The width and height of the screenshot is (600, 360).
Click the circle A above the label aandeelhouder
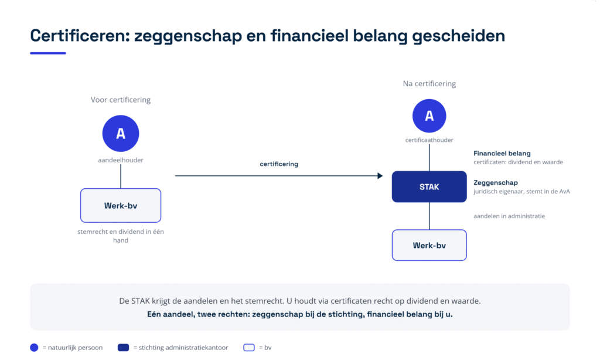click(121, 134)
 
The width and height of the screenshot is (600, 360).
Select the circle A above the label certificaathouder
click(429, 116)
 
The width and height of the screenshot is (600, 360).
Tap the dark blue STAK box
click(429, 186)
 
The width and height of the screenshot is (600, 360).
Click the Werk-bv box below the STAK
click(429, 245)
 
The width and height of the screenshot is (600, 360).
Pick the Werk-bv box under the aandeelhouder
click(121, 205)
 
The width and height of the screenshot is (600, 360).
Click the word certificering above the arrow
click(279, 164)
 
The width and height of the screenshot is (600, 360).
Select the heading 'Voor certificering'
click(121, 100)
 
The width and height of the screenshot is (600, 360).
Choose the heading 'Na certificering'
click(429, 84)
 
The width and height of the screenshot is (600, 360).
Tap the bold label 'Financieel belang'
click(502, 153)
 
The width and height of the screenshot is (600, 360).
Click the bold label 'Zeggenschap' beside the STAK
click(496, 183)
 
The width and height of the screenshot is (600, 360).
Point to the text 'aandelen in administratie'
click(509, 216)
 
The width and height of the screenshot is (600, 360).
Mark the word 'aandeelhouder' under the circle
click(121, 160)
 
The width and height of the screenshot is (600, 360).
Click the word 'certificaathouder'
click(429, 140)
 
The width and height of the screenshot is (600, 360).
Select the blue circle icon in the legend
click(34, 347)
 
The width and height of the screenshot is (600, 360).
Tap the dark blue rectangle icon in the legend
click(123, 347)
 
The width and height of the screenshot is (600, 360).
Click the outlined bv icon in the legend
click(248, 347)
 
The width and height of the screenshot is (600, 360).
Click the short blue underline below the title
click(48, 53)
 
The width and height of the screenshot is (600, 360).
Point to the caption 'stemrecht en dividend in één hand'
click(121, 236)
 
